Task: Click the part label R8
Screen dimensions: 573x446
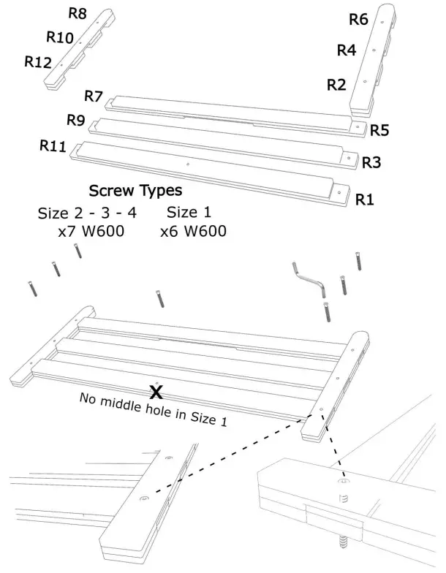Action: tap(78, 13)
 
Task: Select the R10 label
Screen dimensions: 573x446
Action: tap(59, 37)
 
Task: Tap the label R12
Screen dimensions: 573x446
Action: tap(38, 62)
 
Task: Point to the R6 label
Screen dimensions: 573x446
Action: tap(358, 20)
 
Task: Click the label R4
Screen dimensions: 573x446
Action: tap(346, 50)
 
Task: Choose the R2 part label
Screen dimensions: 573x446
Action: tap(336, 84)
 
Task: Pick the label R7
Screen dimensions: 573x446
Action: tap(94, 96)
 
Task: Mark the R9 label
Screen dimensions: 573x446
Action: tap(76, 119)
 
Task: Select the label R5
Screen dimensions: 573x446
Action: tap(379, 130)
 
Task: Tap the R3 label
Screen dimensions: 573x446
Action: tap(371, 162)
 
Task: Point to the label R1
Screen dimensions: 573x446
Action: tap(364, 199)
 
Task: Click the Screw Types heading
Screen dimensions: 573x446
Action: tap(135, 191)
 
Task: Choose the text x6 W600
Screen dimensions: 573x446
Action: tap(193, 232)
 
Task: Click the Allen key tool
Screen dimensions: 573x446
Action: tap(309, 279)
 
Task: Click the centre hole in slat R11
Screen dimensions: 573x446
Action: tap(188, 164)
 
